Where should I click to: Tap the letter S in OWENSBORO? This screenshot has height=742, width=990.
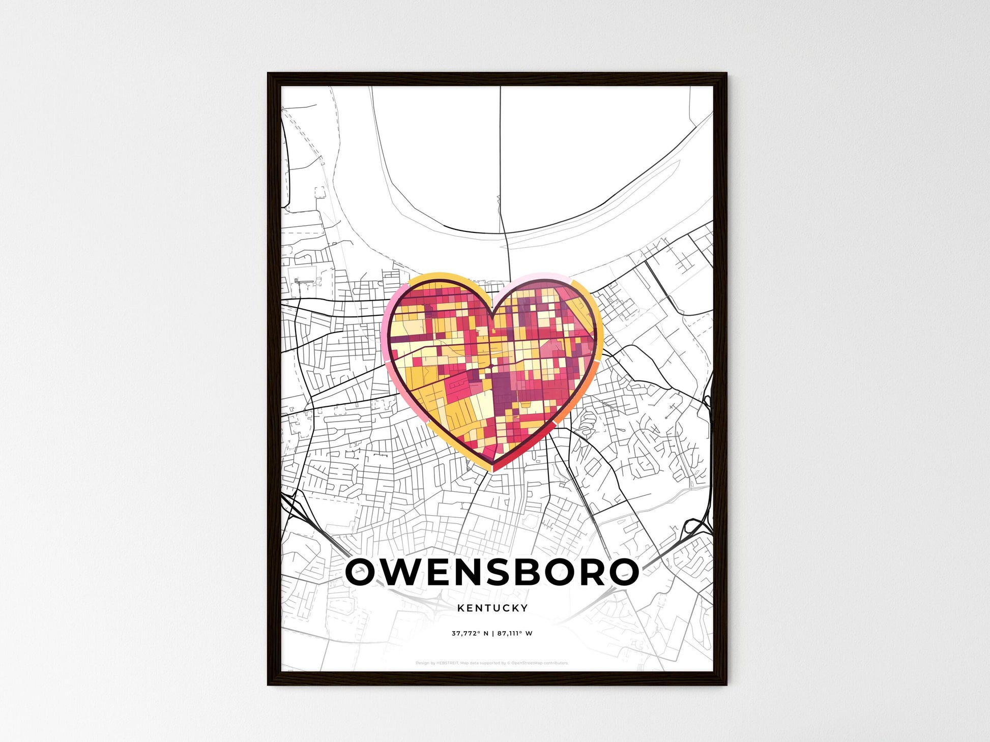click(x=511, y=572)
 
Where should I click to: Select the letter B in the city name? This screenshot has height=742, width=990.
click(x=543, y=572)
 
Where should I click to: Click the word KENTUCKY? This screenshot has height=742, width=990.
click(x=492, y=608)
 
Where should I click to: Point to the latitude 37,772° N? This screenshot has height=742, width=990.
click(x=470, y=633)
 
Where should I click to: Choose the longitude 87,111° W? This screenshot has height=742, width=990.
click(x=514, y=633)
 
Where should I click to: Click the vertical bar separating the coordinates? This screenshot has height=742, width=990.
click(x=492, y=633)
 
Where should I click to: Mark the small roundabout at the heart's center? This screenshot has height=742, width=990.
click(x=492, y=366)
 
